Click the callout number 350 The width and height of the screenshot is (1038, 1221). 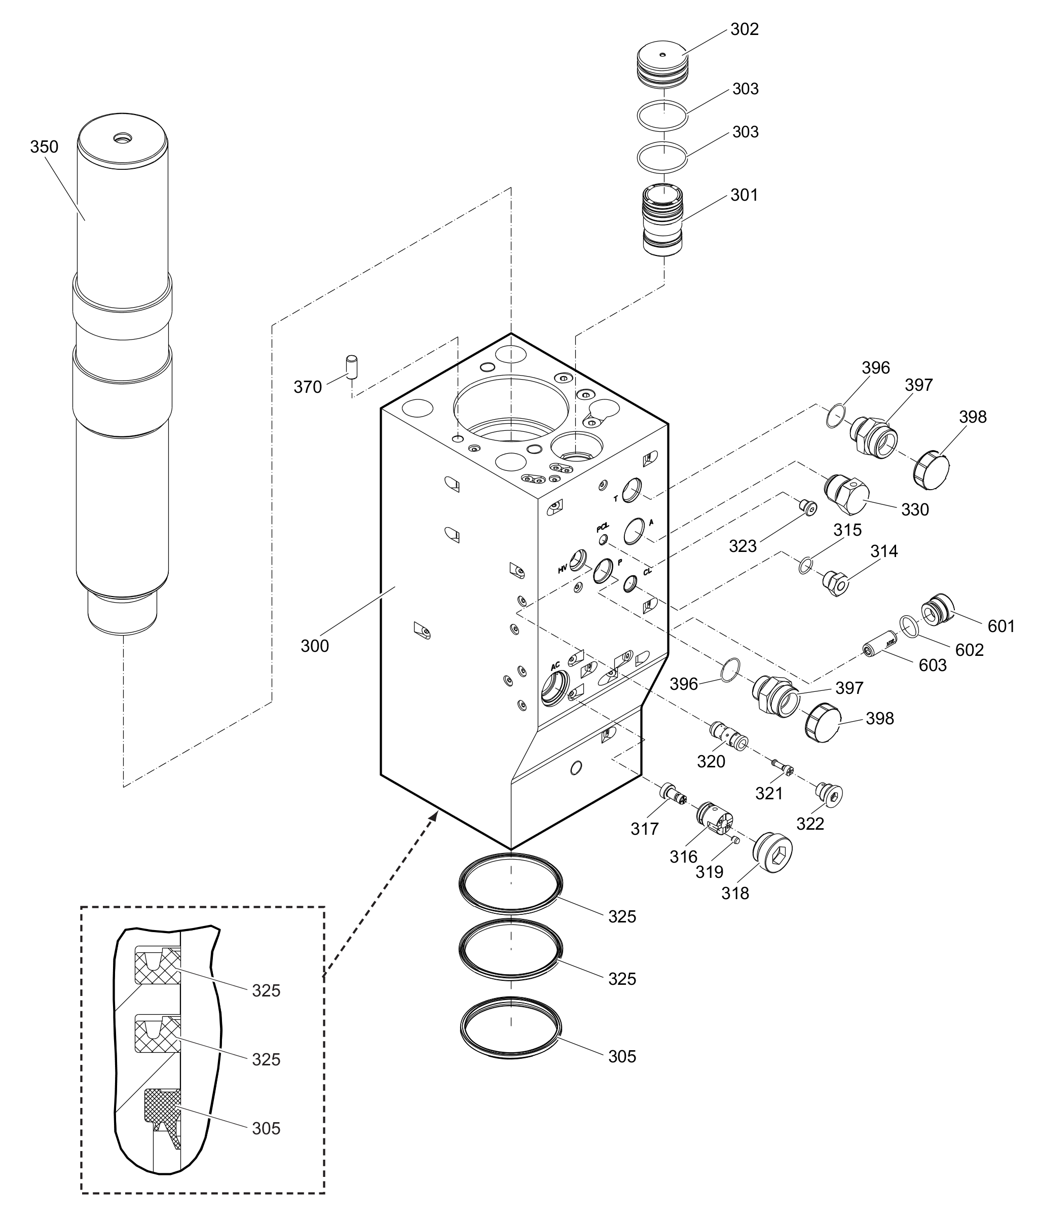point(44,146)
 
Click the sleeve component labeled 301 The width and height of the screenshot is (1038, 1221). point(663,220)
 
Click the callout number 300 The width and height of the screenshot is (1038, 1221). point(315,646)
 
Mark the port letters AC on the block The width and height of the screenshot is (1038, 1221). point(555,666)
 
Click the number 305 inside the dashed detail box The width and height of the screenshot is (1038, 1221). point(266,1128)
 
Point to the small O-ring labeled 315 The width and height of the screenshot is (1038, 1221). point(806,566)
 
